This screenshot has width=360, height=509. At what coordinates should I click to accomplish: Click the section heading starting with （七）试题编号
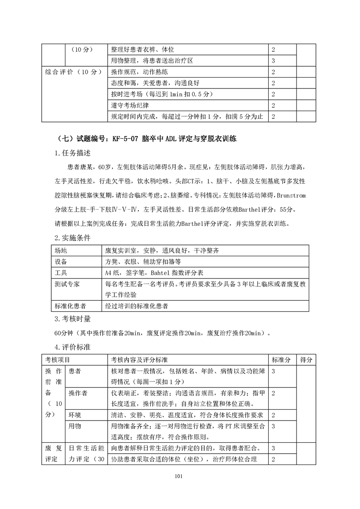click(x=148, y=138)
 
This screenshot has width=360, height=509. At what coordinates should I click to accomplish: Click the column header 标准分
click(x=281, y=360)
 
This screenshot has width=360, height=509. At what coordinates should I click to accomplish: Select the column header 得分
click(x=306, y=360)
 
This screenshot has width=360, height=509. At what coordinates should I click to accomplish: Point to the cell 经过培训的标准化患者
click(x=136, y=306)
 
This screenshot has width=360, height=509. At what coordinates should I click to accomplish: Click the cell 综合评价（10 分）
click(x=72, y=72)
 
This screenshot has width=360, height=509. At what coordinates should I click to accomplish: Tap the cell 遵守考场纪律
click(x=130, y=106)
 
